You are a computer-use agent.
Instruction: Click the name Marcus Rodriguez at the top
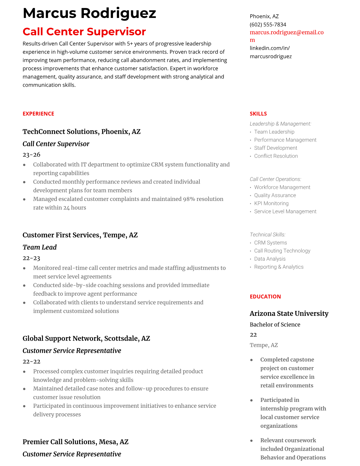point(89,13)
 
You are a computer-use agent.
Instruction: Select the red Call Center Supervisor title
point(84,31)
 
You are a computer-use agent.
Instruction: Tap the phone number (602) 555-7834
point(268,24)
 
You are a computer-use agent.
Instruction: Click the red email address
point(286,33)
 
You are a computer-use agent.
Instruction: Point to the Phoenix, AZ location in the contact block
point(264,16)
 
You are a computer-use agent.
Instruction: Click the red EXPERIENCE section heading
point(38,114)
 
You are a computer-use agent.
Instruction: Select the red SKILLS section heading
point(258,114)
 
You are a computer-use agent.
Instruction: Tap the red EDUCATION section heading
point(265,297)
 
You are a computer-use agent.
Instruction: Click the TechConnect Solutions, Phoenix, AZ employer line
point(81,132)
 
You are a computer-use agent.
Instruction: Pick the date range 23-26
point(31,154)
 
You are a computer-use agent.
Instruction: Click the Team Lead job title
point(39,247)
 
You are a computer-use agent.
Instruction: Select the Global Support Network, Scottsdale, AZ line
point(86,338)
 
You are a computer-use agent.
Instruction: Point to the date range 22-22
point(31,361)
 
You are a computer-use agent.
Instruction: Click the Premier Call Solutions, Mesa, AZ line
point(75,442)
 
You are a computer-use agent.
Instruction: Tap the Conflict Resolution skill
point(276,156)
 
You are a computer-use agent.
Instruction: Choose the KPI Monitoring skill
point(271,203)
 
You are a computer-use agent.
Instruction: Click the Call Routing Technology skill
point(282,251)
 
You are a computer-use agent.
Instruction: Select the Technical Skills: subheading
point(267,234)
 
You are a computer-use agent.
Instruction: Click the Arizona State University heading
point(289,314)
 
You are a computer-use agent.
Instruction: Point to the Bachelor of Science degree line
point(275,324)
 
